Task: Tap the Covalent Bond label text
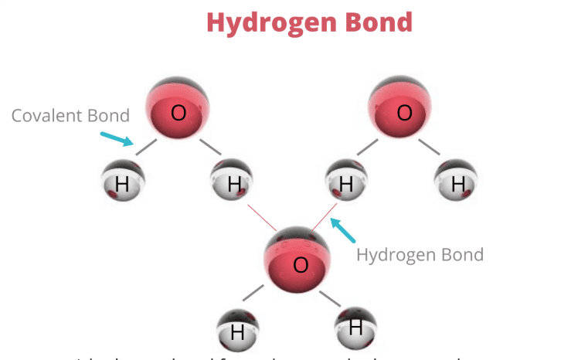pyautogui.click(x=70, y=116)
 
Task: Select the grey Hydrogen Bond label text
pyautogui.click(x=420, y=254)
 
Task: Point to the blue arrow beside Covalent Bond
pyautogui.click(x=117, y=138)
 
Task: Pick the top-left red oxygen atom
pyautogui.click(x=178, y=109)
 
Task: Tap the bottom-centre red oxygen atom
pyautogui.click(x=299, y=260)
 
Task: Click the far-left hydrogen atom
pyautogui.click(x=123, y=181)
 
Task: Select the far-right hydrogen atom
pyautogui.click(x=457, y=182)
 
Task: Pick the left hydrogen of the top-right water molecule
pyautogui.click(x=345, y=182)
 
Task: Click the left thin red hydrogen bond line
pyautogui.click(x=262, y=218)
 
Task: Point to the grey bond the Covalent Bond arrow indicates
pyautogui.click(x=146, y=148)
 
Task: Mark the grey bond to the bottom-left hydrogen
pyautogui.click(x=253, y=293)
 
